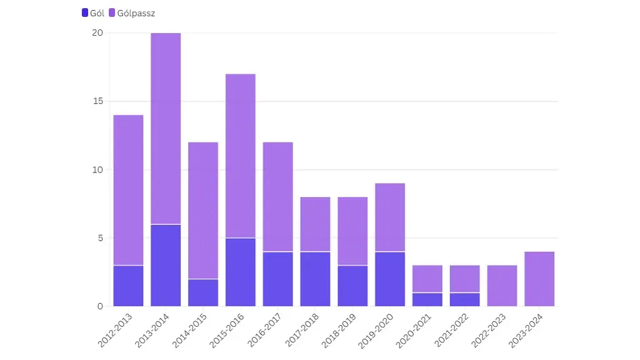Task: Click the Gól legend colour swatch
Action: pos(85,12)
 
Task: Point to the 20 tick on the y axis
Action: pos(97,33)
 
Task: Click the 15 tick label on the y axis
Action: pos(97,101)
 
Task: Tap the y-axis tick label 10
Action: pos(97,169)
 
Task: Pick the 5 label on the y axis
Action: pos(99,238)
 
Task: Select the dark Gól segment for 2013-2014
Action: pos(166,265)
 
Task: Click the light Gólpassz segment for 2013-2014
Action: pos(166,128)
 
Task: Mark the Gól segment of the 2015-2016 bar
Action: pos(241,272)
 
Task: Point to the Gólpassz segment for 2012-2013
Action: pos(128,190)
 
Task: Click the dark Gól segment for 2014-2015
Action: pos(203,292)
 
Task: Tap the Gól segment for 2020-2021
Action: pos(427,299)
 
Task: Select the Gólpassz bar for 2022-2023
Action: pos(502,286)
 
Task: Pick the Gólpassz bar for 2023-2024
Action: pos(539,279)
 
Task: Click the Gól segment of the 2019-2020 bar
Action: pos(390,279)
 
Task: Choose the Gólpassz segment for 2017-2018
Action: pos(315,224)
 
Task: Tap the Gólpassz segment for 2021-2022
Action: pos(465,279)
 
